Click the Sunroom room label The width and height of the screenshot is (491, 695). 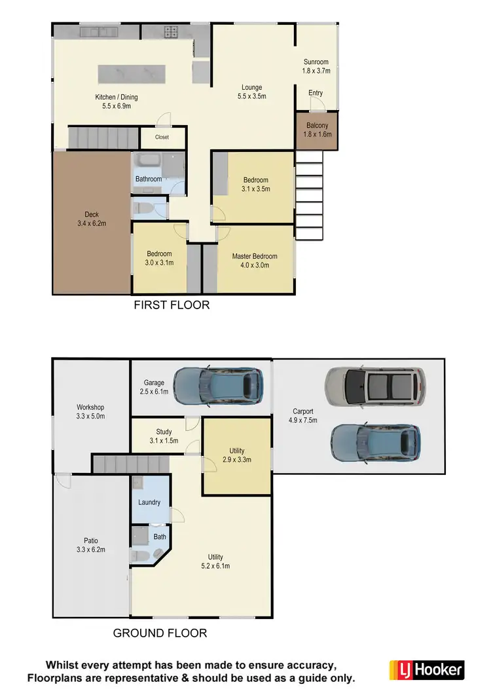coord(316,62)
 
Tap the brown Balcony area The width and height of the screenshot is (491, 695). coord(316,130)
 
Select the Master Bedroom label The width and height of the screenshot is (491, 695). coord(255,256)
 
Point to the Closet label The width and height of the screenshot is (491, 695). coord(162,138)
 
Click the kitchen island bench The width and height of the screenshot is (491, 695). coord(131,73)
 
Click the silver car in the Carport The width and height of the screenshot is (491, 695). coord(375,385)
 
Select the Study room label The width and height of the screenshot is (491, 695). coord(164,432)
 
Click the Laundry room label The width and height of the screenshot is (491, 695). coord(149,502)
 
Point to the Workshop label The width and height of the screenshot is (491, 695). coord(90,407)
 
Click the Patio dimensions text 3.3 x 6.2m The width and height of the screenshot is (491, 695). coord(90,550)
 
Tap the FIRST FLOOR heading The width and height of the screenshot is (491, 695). coord(172,305)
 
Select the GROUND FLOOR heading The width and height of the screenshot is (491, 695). coord(160,633)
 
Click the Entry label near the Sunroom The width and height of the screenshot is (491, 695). coord(316,93)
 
